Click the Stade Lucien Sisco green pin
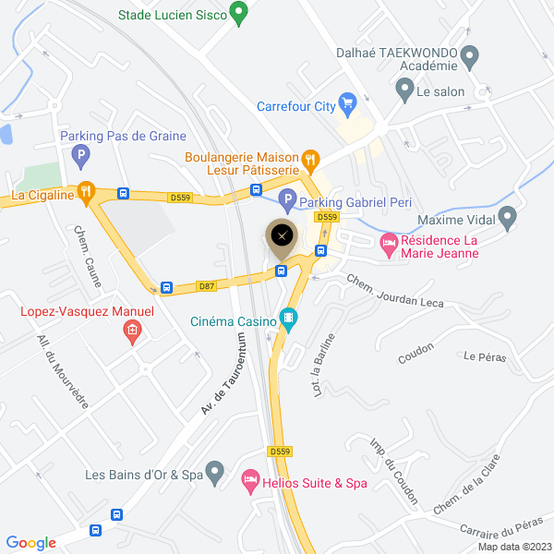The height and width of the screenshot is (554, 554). point(238,14)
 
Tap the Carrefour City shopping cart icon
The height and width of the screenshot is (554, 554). point(347,102)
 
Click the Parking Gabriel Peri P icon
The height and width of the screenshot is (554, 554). point(287,199)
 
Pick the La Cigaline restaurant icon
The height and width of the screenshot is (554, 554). point(86,192)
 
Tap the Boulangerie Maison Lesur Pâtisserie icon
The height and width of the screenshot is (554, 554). point(311,159)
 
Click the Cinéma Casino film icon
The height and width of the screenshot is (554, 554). point(289,319)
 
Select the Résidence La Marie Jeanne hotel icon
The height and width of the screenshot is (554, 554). point(389,243)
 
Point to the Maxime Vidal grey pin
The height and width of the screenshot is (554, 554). point(507,218)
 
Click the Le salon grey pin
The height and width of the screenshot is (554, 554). point(403,90)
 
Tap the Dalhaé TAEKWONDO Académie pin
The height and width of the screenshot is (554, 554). point(469,57)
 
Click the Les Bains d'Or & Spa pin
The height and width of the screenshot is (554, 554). point(215,473)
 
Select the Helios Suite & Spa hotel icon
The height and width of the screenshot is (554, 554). point(249,480)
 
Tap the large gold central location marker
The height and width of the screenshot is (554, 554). point(282,236)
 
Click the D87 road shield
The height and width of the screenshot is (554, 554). point(206,286)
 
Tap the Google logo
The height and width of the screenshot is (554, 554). point(30,543)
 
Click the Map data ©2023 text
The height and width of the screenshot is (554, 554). point(513,546)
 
